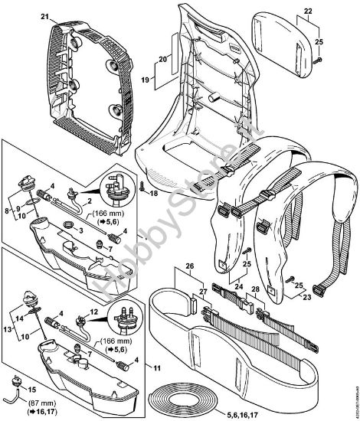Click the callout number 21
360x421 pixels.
click(44, 16)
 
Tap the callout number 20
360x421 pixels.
click(162, 59)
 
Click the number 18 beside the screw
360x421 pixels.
click(154, 195)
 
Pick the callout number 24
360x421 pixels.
click(238, 289)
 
